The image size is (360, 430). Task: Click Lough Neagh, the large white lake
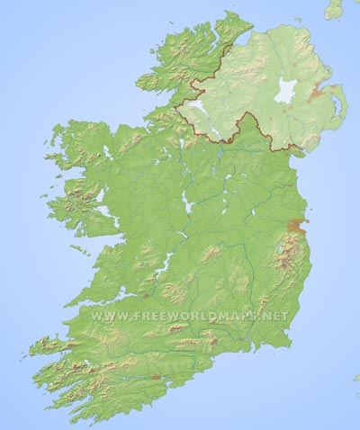tap(286, 91)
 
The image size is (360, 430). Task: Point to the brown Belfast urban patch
tap(317, 92)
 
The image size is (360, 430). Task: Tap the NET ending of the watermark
tap(277, 316)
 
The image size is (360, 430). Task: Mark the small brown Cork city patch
tap(156, 376)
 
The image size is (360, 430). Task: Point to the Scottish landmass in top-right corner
tap(335, 8)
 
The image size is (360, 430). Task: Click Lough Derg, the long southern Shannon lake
tap(163, 263)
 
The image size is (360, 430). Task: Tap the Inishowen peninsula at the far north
tap(229, 27)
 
